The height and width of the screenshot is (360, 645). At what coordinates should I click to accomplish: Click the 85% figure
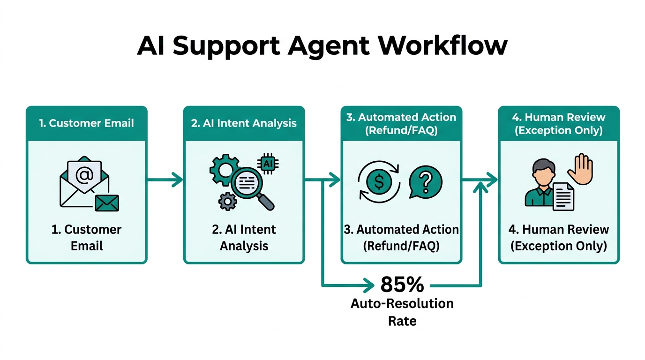pyautogui.click(x=402, y=284)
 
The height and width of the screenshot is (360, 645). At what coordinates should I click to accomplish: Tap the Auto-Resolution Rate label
pyautogui.click(x=402, y=312)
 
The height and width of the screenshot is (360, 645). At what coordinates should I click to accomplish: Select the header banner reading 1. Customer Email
pyautogui.click(x=87, y=123)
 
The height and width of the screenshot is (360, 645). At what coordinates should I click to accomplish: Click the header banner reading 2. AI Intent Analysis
pyautogui.click(x=244, y=123)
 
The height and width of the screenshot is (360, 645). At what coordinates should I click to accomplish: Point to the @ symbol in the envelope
pyautogui.click(x=84, y=176)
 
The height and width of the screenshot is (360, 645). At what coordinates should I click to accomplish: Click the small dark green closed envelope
pyautogui.click(x=107, y=203)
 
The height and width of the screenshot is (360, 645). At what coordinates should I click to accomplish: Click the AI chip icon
pyautogui.click(x=268, y=163)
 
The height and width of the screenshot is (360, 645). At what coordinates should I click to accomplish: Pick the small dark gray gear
pyautogui.click(x=228, y=201)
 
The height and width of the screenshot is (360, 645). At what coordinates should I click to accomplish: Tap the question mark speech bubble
pyautogui.click(x=425, y=182)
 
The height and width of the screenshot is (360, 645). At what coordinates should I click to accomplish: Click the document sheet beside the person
pyautogui.click(x=564, y=196)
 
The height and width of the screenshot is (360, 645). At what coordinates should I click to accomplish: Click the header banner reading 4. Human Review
pyautogui.click(x=558, y=123)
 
